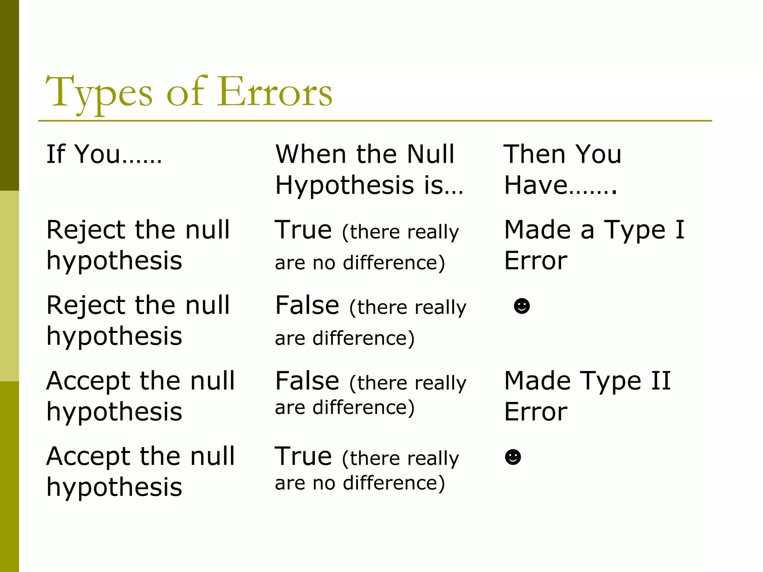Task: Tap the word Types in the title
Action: [99, 92]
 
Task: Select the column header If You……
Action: [104, 154]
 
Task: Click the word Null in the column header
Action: [430, 154]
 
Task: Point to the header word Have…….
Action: [560, 185]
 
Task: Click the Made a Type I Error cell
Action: [594, 245]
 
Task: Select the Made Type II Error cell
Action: [587, 396]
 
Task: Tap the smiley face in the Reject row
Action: [522, 306]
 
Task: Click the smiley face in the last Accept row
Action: [513, 457]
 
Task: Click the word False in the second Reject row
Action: [307, 305]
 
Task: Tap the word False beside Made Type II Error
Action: [307, 381]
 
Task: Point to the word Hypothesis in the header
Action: [345, 185]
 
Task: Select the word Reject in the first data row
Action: [86, 230]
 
